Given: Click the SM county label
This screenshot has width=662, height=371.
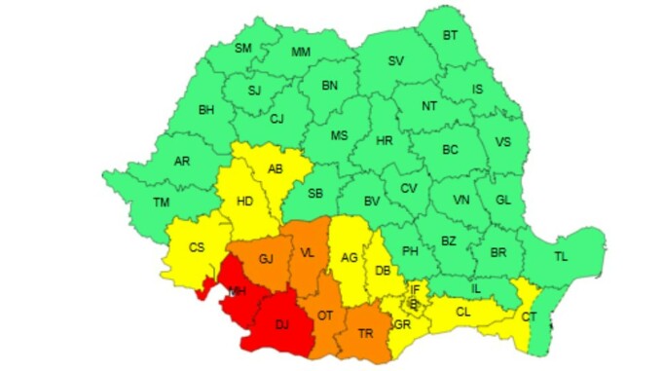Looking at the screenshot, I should pos(243,49).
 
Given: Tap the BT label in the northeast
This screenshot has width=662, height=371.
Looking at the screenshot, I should pos(451,35).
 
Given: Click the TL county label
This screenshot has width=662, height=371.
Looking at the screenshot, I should pos(561,257).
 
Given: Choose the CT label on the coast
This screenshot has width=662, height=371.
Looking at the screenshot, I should pos(529,317).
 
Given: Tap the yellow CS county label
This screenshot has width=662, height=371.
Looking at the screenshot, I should pos(197,247).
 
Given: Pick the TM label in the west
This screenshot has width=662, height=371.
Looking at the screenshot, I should pos(160,202).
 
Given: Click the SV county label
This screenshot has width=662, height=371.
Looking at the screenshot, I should pos(396,60).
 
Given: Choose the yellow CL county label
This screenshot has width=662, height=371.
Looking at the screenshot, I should pos(462,313).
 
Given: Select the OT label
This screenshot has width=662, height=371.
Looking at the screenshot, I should pos(325,315).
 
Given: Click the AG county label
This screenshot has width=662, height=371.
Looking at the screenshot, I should pos(349,257).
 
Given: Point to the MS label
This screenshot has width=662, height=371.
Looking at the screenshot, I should pos(339,135).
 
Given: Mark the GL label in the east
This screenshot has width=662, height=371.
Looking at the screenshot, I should pos(502,199).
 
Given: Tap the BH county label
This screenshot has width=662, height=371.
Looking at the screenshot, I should pos(206,110).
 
